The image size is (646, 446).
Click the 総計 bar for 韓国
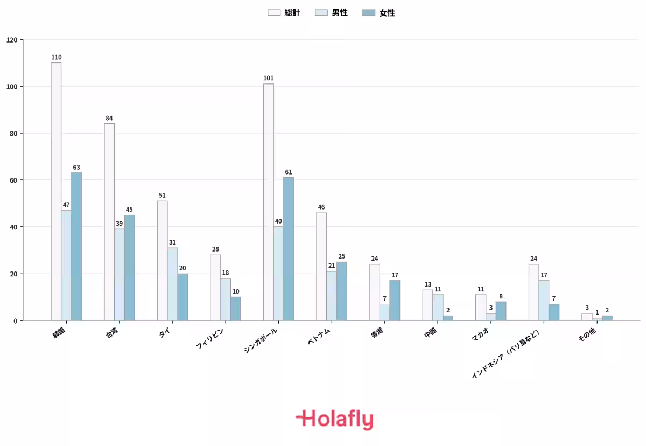pyautogui.click(x=56, y=192)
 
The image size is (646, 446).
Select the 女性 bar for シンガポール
pyautogui.click(x=289, y=249)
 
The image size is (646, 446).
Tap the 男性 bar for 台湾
pyautogui.click(x=120, y=275)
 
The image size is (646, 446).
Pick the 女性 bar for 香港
pyautogui.click(x=395, y=301)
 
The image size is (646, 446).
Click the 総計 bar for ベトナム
pyautogui.click(x=321, y=267)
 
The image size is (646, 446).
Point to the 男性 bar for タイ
pyautogui.click(x=172, y=284)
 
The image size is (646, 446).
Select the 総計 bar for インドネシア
pyautogui.click(x=534, y=292)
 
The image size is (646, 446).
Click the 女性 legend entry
pyautogui.click(x=378, y=13)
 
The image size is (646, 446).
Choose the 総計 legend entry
pyautogui.click(x=284, y=13)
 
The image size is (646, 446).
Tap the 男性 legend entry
pyautogui.click(x=332, y=13)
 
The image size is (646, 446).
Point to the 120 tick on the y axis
pyautogui.click(x=12, y=40)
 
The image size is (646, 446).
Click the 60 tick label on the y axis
pyautogui.click(x=13, y=180)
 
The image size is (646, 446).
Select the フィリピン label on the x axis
pyautogui.click(x=209, y=338)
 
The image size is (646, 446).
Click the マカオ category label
pyautogui.click(x=480, y=334)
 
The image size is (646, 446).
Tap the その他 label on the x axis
pyautogui.click(x=587, y=334)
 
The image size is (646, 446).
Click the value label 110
pyautogui.click(x=56, y=57)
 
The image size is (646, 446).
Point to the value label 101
pyautogui.click(x=269, y=78)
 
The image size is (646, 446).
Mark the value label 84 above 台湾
pyautogui.click(x=109, y=118)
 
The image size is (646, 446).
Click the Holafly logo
pyautogui.click(x=334, y=420)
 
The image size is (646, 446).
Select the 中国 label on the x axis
pyautogui.click(x=430, y=333)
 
